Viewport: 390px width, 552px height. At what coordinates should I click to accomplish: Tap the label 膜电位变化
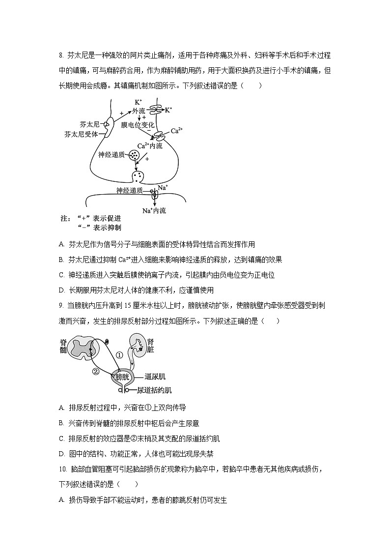pyautogui.click(x=138, y=125)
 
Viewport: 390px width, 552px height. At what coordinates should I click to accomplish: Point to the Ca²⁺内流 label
pyautogui.click(x=150, y=145)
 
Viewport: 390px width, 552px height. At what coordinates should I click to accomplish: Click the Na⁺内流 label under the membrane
pyautogui.click(x=154, y=211)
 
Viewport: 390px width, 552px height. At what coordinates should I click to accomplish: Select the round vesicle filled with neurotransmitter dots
pyautogui.click(x=134, y=155)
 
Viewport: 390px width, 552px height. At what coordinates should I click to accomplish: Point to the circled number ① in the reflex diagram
pyautogui.click(x=119, y=354)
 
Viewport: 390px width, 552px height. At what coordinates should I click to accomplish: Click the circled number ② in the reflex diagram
pyautogui.click(x=96, y=371)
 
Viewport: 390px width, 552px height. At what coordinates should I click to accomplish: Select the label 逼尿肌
pyautogui.click(x=155, y=377)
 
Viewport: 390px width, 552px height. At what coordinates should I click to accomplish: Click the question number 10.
pyautogui.click(x=62, y=469)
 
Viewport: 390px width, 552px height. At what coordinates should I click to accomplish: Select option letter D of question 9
pyautogui.click(x=61, y=454)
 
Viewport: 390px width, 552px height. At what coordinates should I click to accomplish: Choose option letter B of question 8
pyautogui.click(x=61, y=260)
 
